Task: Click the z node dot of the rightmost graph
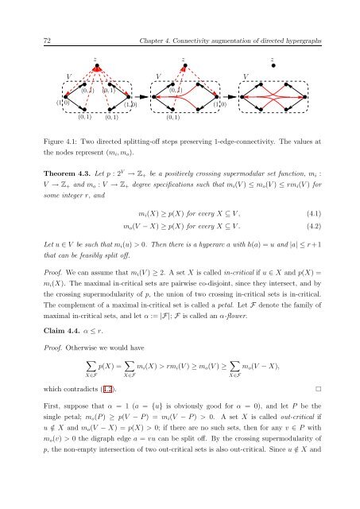click(272, 67)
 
